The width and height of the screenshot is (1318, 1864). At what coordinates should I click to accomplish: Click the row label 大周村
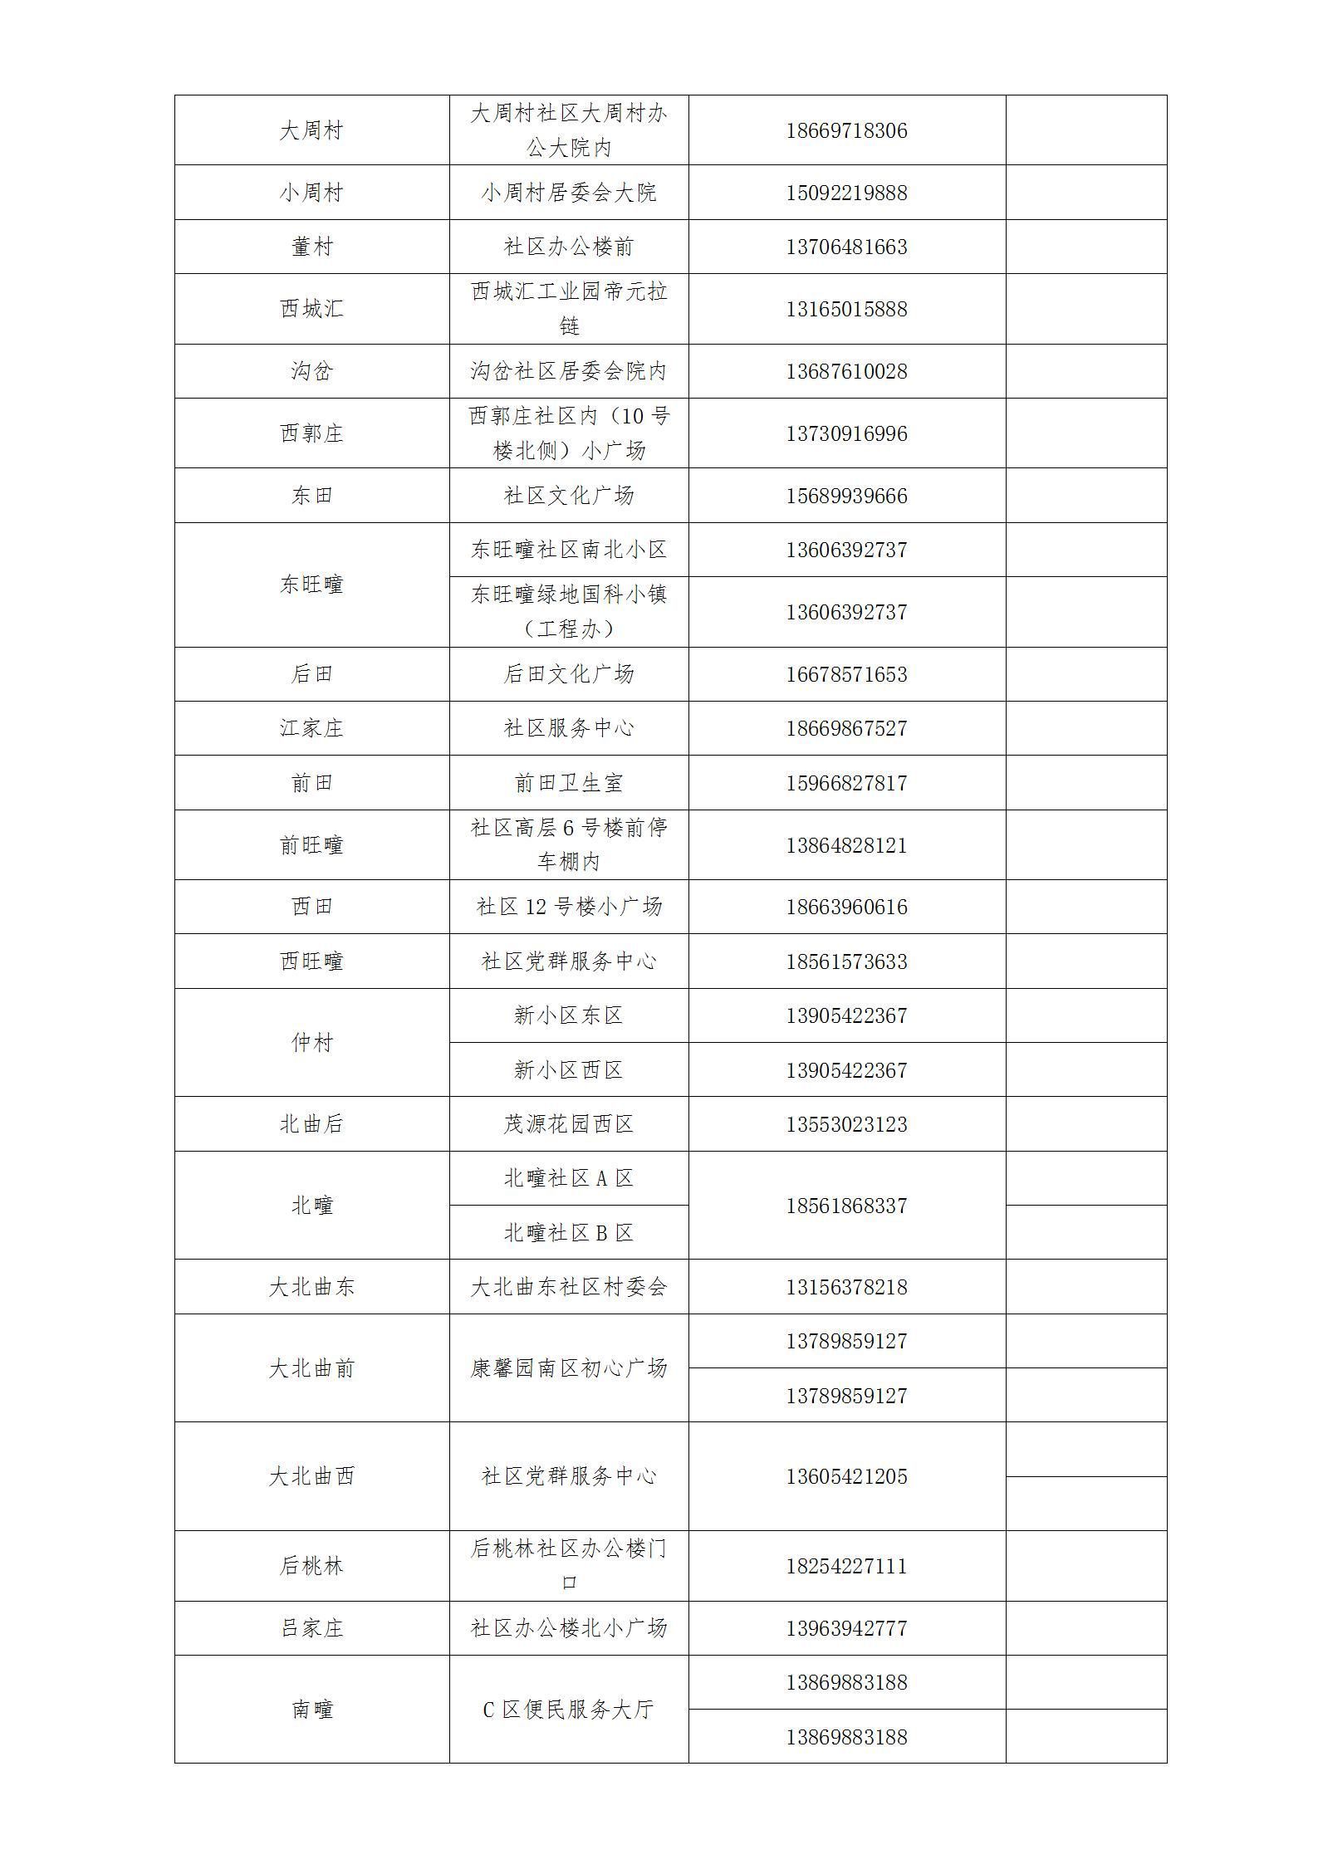click(311, 130)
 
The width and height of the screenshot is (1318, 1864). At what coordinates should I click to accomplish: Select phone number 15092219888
click(846, 193)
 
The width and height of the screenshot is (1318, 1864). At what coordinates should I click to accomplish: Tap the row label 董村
click(311, 247)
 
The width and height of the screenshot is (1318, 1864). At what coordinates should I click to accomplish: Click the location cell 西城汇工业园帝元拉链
click(569, 308)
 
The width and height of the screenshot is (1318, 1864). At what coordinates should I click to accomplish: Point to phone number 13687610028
click(846, 371)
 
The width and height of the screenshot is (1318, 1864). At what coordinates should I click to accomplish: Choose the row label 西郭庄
click(311, 433)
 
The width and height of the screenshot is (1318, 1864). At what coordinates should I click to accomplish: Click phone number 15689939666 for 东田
click(846, 496)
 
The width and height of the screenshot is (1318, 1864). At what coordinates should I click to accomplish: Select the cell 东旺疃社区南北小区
click(569, 550)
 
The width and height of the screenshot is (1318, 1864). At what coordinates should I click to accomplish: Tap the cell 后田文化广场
click(569, 674)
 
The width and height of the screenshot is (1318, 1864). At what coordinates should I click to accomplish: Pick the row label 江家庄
click(311, 728)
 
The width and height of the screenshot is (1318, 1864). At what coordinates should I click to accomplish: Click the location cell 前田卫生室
click(569, 783)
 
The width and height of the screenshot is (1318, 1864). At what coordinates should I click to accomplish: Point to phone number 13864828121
click(846, 845)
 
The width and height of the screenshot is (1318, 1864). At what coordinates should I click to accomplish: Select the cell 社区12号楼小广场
click(569, 907)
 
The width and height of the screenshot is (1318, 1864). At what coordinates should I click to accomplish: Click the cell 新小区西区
click(569, 1070)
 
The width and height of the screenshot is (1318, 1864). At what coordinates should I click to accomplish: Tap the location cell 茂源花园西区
click(569, 1124)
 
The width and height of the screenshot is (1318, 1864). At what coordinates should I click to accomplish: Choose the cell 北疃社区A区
click(569, 1178)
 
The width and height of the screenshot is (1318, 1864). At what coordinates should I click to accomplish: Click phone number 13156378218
click(846, 1287)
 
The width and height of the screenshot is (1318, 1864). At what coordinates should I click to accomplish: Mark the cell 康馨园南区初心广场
click(569, 1367)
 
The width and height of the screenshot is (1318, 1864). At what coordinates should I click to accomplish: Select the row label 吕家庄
click(311, 1628)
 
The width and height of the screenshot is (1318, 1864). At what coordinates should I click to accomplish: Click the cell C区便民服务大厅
click(569, 1710)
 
